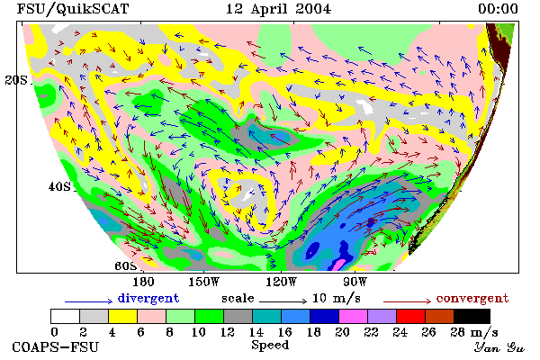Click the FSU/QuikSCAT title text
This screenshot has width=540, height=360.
73,9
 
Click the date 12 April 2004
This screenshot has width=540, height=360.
278,9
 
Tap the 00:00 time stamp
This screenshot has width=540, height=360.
498,9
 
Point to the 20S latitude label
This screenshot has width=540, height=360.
16,80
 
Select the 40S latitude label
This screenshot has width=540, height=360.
59,186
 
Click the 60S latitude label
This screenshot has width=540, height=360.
126,266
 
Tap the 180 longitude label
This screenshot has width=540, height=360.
144,282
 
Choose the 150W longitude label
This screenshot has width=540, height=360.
204,282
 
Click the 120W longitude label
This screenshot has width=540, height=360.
281,282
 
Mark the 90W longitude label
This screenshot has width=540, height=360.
355,282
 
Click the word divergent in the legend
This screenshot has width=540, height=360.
148,298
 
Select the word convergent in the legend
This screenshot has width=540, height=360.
472,298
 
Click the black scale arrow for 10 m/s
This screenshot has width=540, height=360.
283,301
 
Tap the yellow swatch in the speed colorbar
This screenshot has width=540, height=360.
123,316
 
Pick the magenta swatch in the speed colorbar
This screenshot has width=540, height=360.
353,316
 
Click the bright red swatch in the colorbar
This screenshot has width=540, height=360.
410,316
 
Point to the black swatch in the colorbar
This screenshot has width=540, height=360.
472,316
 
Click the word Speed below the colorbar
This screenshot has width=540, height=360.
270,346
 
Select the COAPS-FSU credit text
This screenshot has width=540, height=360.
56,346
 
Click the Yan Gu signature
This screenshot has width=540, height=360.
499,347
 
